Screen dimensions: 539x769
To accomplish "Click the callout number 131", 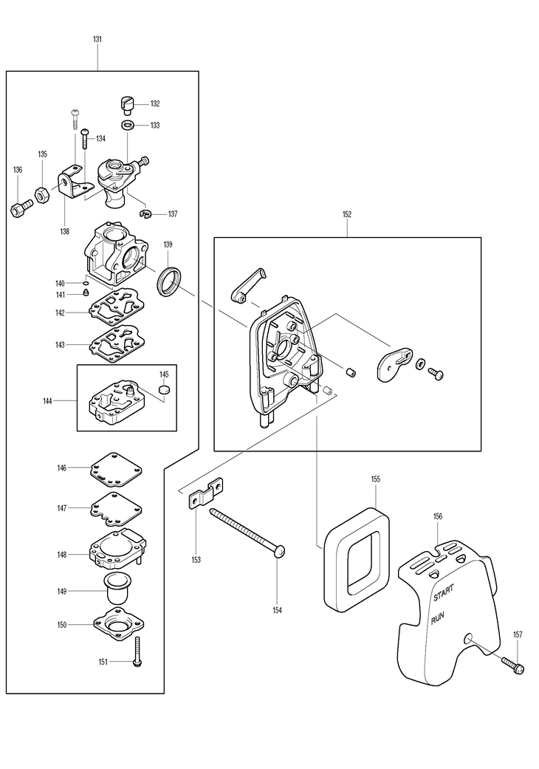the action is pos(97,38).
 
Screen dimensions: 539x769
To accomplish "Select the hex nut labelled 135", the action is pos(41,195).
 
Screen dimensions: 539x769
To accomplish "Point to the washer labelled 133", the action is pos(128,125).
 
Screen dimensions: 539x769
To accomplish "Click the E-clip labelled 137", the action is pos(145,213).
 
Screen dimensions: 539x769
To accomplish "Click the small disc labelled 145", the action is pos(165,389).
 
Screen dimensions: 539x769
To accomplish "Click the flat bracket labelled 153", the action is pos(207,494).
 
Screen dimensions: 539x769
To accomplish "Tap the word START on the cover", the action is pos(444,592).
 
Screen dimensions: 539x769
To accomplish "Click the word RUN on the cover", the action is pos(438,618).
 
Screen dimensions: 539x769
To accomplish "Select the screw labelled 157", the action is pos(512,665).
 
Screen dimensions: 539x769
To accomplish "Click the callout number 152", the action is pos(347,214).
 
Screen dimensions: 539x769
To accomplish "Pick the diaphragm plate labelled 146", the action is pos(116,469).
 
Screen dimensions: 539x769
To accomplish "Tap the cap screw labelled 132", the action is pos(126,105).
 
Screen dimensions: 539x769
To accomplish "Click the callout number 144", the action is pos(47,400).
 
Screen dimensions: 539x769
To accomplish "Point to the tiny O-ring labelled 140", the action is pos(85,283).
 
